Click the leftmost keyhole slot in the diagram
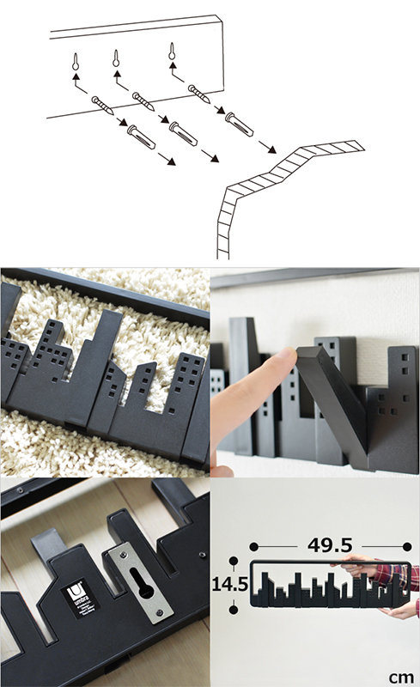76,63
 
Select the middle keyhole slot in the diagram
116,58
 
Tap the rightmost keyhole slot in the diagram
172,52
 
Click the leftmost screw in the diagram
102,106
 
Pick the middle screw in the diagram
143,100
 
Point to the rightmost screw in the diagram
199,94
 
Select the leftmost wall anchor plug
141,137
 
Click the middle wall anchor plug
183,134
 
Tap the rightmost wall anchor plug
239,125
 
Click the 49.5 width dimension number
330,545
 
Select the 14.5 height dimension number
230,584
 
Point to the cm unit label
402,678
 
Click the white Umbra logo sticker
80,599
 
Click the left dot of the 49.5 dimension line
254,546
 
